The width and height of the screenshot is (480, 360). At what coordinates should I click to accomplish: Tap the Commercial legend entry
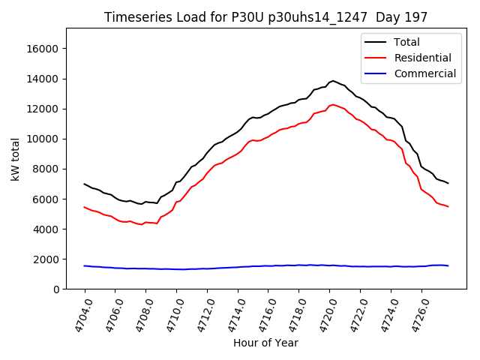pyautogui.click(x=424, y=73)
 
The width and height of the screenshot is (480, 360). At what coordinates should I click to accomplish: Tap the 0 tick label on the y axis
pyautogui.click(x=56, y=289)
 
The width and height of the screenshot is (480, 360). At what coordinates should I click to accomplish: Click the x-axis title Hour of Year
pyautogui.click(x=265, y=343)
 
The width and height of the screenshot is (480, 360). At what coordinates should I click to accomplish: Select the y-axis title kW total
pyautogui.click(x=14, y=159)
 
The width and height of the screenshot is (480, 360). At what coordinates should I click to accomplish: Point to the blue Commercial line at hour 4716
pyautogui.click(x=268, y=265)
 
